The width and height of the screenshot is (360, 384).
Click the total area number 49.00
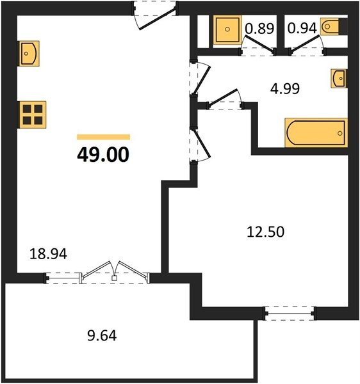103,155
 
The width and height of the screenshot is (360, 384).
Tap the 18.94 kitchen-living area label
48,254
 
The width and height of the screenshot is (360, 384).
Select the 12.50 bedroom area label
265,232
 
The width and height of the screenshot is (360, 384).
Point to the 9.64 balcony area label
102,336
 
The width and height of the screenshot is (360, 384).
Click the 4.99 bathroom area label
285,89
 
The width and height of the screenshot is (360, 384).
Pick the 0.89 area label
259,28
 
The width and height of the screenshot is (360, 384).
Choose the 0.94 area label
302,28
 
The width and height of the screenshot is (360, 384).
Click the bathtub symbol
316,132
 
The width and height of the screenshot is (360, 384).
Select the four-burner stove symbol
33,115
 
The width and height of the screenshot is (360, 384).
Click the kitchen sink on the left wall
29,53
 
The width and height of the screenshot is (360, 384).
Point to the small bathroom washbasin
339,78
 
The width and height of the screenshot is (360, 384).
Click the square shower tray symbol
227,29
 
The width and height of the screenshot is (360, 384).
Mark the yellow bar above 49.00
103,137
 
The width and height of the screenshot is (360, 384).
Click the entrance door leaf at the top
158,19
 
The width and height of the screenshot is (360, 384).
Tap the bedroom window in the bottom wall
289,313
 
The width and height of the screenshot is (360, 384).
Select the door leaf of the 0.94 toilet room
305,44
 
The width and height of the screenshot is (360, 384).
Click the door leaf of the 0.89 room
260,44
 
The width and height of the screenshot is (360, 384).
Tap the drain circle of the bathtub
340,133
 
